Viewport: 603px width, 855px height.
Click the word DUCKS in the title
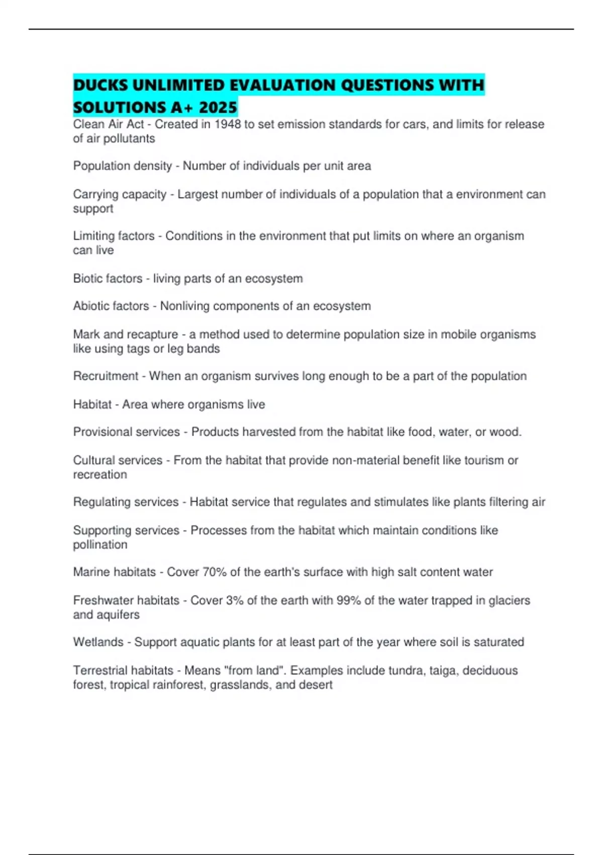click(x=100, y=85)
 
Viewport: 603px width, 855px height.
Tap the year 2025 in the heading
click(x=218, y=108)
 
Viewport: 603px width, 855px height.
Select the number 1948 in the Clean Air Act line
click(x=228, y=124)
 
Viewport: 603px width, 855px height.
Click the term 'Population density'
click(x=122, y=166)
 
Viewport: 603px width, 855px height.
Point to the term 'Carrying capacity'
click(x=120, y=194)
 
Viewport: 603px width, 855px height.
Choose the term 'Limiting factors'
click(x=114, y=236)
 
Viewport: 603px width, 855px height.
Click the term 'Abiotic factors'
click(x=111, y=306)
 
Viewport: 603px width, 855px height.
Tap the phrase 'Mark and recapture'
click(x=126, y=334)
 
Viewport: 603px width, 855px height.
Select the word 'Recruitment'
click(x=106, y=376)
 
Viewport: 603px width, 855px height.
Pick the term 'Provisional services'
click(x=126, y=432)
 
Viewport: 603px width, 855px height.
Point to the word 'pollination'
click(x=100, y=545)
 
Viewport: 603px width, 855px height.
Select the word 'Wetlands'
click(x=98, y=642)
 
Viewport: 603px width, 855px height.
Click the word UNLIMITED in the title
click(x=178, y=85)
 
